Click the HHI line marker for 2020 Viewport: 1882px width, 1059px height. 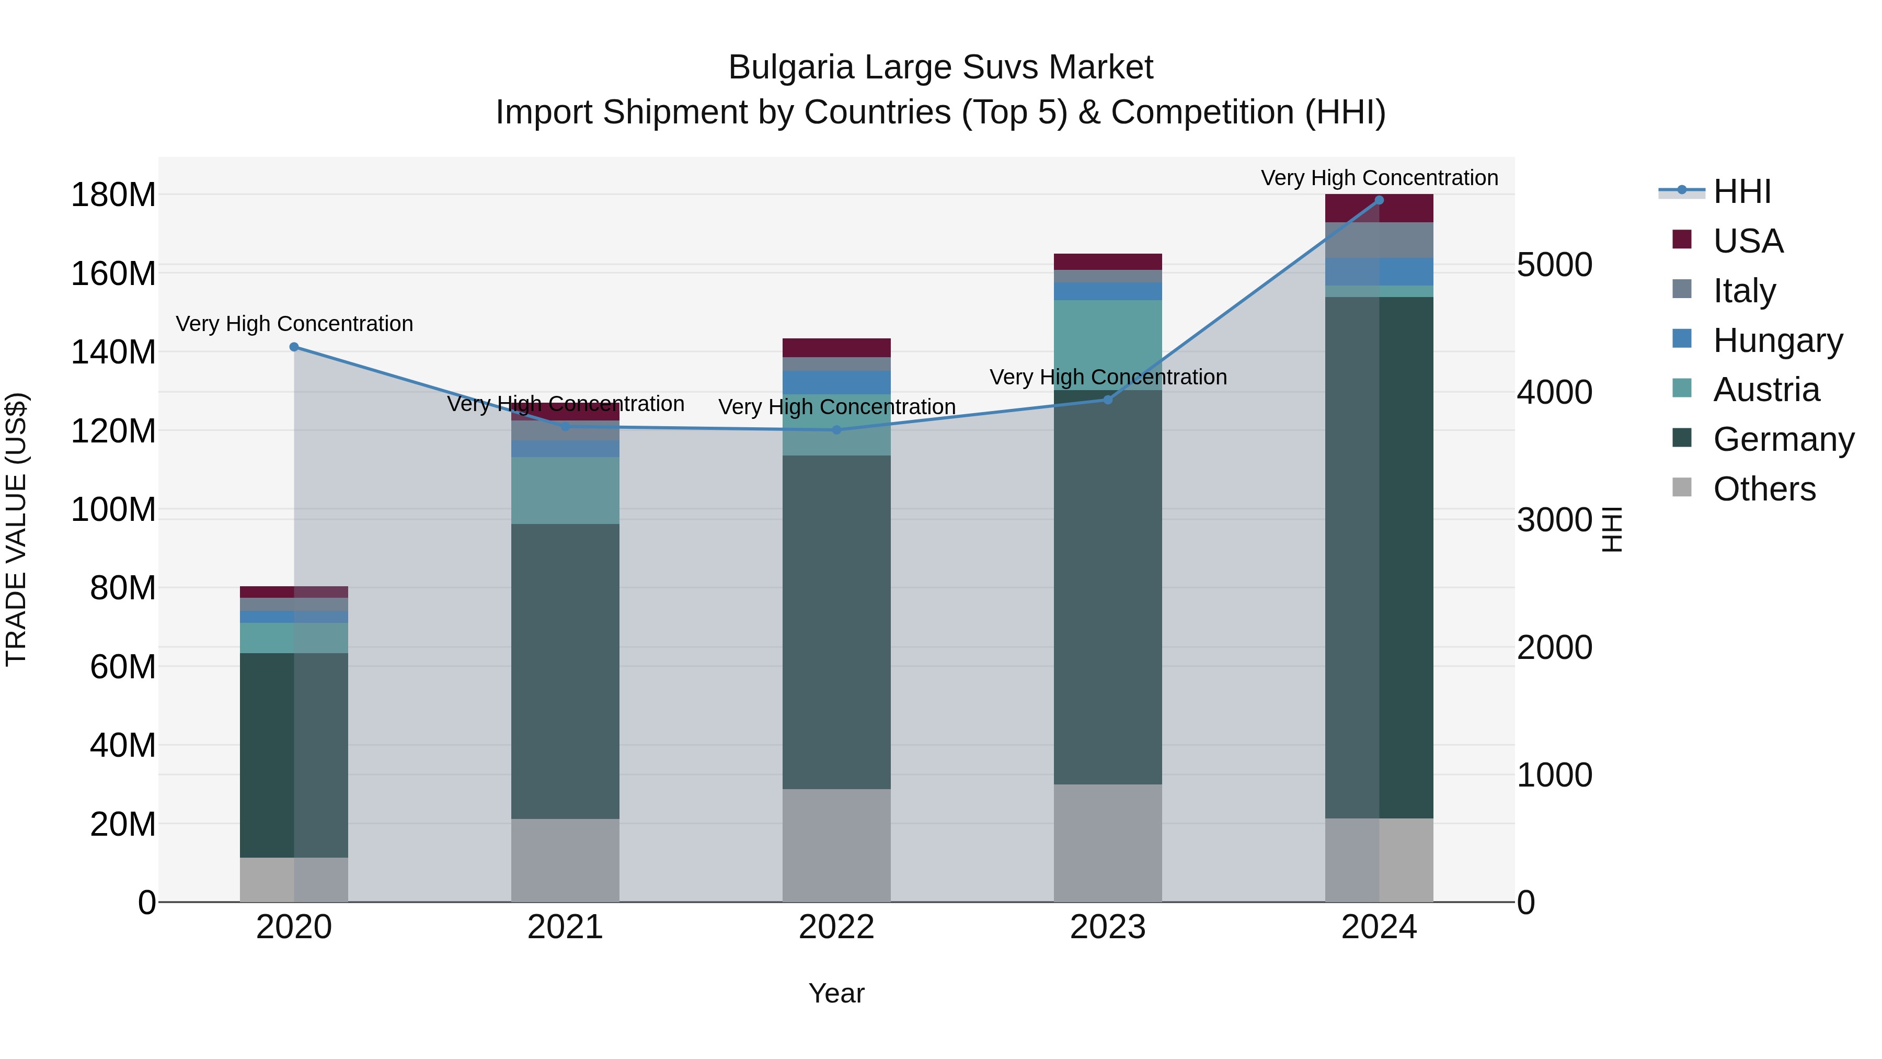294,347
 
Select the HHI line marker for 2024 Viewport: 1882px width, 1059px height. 1379,200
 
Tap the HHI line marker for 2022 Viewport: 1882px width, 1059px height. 836,430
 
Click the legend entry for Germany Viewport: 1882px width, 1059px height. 1783,439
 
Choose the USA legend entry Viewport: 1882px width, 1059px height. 1748,241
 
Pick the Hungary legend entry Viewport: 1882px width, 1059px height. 1777,340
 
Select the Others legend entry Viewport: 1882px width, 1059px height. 1764,489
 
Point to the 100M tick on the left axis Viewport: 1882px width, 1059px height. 113,509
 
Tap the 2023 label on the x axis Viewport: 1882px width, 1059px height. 1108,927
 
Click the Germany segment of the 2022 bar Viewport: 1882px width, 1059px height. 836,621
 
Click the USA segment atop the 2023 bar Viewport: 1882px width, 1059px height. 1108,261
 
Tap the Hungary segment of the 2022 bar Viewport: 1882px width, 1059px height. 836,382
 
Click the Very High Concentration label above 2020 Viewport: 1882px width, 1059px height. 294,324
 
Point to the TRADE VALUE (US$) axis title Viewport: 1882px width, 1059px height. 16,529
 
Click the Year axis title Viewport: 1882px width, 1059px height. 836,993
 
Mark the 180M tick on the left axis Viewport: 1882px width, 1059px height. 113,195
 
